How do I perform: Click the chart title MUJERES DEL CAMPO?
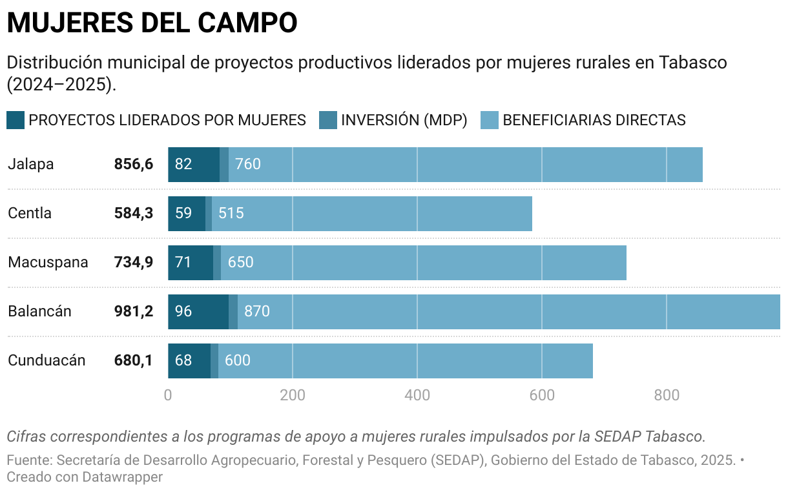click(x=152, y=23)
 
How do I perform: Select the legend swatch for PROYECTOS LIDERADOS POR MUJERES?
click(x=16, y=120)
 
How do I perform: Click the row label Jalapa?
click(x=31, y=164)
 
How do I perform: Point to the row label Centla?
click(x=30, y=213)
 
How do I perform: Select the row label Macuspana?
click(x=48, y=262)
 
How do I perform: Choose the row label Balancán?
click(x=39, y=311)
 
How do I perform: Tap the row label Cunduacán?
click(x=47, y=360)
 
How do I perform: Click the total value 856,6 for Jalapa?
click(x=134, y=164)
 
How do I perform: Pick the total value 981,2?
click(x=134, y=311)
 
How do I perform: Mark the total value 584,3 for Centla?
click(x=134, y=213)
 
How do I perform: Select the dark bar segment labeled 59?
click(x=187, y=213)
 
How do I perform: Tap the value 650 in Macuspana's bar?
click(x=241, y=262)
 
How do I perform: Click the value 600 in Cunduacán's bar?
click(x=238, y=360)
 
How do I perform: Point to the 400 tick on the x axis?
click(x=417, y=395)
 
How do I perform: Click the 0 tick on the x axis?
click(x=168, y=395)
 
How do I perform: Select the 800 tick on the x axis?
click(x=667, y=395)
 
